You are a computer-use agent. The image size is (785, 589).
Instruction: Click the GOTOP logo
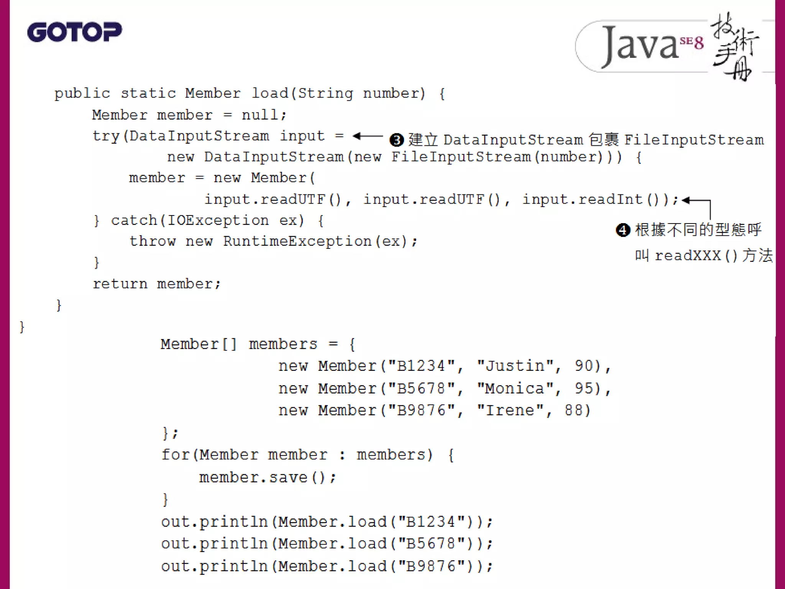point(74,32)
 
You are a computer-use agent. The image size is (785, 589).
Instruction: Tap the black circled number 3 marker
point(396,140)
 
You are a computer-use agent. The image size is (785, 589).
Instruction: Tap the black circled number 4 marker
point(623,230)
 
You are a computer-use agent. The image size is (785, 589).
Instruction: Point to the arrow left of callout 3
point(367,136)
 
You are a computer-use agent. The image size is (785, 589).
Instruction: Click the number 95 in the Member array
point(583,388)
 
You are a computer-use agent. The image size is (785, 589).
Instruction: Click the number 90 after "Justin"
point(583,366)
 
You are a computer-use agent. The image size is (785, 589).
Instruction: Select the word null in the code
point(260,115)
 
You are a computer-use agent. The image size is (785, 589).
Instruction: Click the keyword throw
point(152,241)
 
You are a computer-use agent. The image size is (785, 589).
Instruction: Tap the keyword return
point(120,284)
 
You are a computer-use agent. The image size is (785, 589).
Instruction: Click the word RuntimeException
point(297,241)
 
